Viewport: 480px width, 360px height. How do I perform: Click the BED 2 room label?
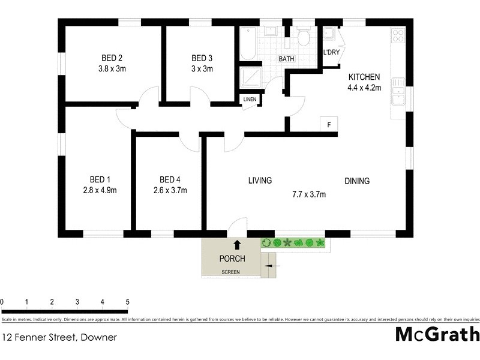tap(112, 58)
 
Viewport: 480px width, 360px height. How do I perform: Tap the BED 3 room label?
tap(202, 58)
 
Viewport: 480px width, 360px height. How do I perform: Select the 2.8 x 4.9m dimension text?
tap(100, 191)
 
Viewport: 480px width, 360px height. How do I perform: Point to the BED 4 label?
tap(170, 179)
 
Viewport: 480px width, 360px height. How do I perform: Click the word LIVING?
tap(260, 180)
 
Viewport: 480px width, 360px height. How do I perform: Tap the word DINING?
tap(356, 181)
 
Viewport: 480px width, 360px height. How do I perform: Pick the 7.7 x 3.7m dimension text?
tap(308, 194)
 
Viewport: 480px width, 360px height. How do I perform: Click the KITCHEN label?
tap(364, 77)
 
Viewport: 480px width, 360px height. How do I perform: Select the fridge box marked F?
tap(328, 124)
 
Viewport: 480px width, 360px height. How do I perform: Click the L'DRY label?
tap(331, 53)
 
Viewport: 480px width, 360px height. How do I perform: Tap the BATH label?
tap(286, 59)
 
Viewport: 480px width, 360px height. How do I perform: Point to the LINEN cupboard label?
tap(249, 100)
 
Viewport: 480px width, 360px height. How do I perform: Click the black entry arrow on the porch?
tap(236, 244)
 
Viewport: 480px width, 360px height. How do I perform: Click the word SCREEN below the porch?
tap(230, 272)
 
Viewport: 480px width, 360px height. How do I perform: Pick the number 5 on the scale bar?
tap(127, 301)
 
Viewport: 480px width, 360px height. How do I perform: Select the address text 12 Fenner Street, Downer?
tap(59, 337)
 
